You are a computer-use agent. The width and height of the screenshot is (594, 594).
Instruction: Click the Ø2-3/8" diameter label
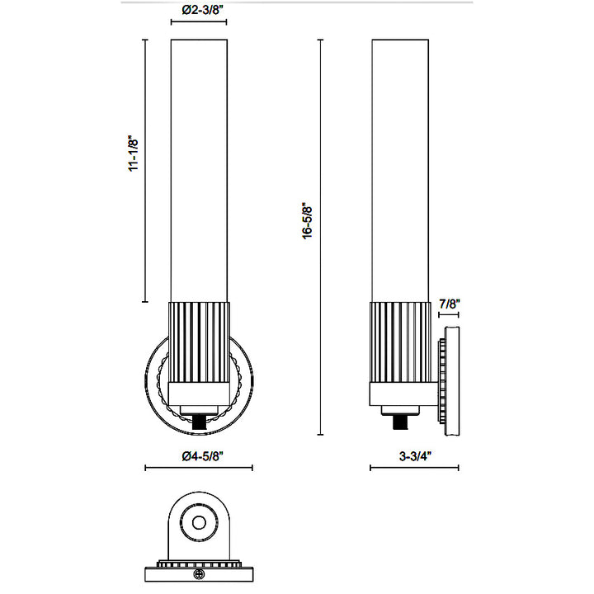[x=203, y=11]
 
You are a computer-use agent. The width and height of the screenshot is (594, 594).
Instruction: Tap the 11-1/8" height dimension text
[x=134, y=153]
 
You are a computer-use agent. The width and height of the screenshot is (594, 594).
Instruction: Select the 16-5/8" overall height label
[x=307, y=223]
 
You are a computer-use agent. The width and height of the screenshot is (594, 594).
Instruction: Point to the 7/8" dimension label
[x=450, y=304]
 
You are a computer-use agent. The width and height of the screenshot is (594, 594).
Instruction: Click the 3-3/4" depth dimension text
[x=416, y=456]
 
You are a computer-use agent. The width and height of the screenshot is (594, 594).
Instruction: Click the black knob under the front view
[x=199, y=422]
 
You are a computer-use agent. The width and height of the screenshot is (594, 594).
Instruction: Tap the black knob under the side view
[x=400, y=422]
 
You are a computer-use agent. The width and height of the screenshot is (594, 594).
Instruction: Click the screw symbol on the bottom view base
[x=199, y=574]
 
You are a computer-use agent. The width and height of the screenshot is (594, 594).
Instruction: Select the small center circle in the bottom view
[x=199, y=523]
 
